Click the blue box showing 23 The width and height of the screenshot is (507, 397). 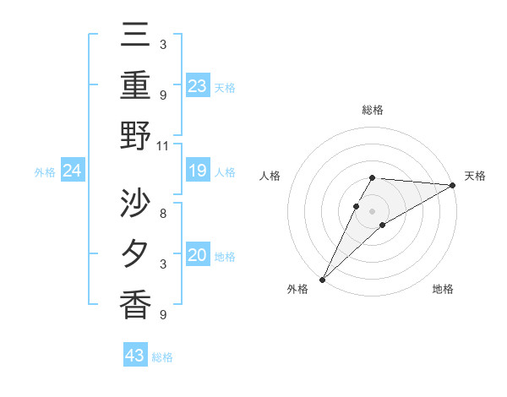[x=198, y=86]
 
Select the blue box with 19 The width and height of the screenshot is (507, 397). [x=198, y=171]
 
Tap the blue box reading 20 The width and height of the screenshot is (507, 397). [x=198, y=255]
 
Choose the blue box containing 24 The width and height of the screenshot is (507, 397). [x=73, y=171]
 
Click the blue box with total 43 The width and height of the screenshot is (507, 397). [x=135, y=356]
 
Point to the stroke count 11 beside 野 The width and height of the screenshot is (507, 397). [x=163, y=145]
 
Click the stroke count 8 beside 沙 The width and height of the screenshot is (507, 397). [x=163, y=214]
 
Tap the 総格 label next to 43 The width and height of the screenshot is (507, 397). [x=162, y=357]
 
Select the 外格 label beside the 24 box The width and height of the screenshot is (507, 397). [x=45, y=172]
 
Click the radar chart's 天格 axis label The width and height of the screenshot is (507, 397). [x=475, y=176]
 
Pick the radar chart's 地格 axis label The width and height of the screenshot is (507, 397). [x=443, y=289]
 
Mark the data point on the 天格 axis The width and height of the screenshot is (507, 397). [x=452, y=185]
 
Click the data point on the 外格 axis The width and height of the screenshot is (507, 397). [x=323, y=279]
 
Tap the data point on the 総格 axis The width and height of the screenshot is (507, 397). [x=373, y=177]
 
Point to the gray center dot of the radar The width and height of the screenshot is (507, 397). [x=373, y=210]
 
